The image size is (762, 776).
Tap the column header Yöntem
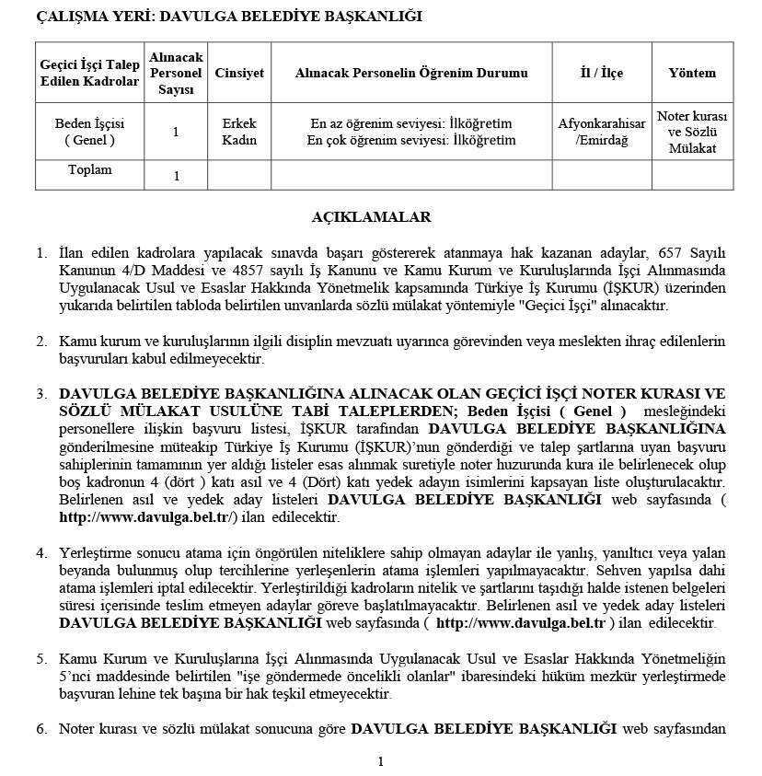(691, 74)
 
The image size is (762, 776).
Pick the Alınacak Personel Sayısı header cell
(176, 74)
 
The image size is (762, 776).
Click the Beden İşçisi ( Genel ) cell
(89, 132)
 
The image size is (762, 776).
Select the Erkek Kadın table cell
(239, 132)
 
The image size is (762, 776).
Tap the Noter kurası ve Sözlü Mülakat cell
(692, 132)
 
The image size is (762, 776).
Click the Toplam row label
(89, 170)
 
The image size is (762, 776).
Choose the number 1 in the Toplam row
(176, 176)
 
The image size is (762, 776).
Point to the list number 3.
(41, 394)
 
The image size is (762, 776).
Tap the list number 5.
(41, 659)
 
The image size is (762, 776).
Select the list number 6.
(41, 729)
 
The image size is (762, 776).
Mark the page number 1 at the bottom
(380, 761)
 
